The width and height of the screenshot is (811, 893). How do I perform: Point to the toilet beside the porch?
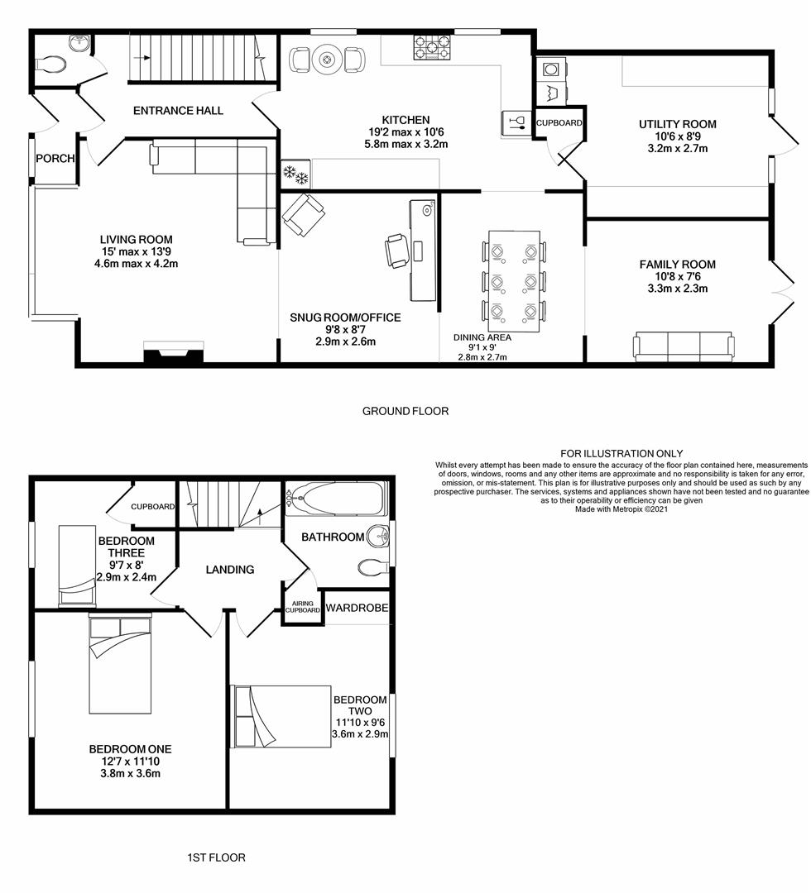[51, 63]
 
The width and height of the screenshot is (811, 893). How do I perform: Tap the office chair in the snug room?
[396, 250]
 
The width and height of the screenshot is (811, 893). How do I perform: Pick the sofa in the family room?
[684, 345]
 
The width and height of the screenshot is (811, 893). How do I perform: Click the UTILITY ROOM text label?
[677, 124]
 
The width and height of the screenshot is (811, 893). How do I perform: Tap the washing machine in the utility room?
[549, 69]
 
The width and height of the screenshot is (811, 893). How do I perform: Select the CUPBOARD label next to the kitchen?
[559, 123]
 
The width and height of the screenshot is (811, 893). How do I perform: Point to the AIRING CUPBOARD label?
[302, 605]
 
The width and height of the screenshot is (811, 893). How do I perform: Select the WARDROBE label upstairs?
[357, 608]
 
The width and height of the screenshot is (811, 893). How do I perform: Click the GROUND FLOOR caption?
[405, 411]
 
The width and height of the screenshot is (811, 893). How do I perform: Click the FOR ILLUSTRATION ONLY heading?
[621, 453]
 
